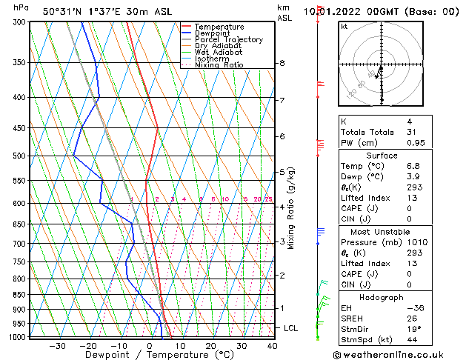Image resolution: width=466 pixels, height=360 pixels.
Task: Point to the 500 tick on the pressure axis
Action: (x=17, y=156)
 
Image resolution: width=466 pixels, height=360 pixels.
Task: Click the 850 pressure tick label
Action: (x=17, y=295)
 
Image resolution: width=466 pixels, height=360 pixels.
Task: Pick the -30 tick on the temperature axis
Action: (x=57, y=346)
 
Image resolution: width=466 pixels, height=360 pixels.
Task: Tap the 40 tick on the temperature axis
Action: (x=273, y=346)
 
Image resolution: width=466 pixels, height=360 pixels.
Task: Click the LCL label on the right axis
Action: (x=292, y=327)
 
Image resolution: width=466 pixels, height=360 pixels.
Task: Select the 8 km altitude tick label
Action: (x=282, y=64)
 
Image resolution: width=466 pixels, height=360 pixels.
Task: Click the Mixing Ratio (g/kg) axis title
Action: (x=292, y=208)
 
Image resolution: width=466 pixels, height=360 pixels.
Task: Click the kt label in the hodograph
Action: (x=344, y=26)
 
